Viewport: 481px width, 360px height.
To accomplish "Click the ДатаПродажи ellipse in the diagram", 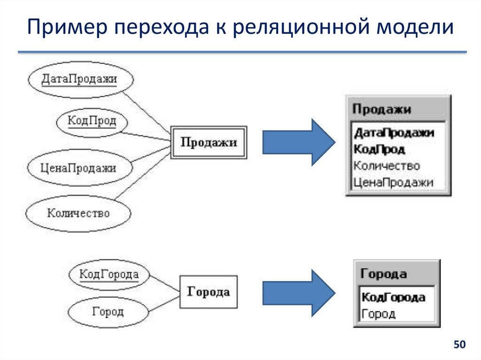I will click(79, 79).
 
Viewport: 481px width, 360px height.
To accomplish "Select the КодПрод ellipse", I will click(92, 121).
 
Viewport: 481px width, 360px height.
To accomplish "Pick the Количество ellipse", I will click(78, 213).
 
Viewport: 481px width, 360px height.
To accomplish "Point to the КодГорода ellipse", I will click(109, 274).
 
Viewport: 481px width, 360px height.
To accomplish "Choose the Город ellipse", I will click(108, 312).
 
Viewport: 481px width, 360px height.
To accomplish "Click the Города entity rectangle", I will click(209, 292).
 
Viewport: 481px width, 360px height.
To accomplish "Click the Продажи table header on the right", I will click(381, 109).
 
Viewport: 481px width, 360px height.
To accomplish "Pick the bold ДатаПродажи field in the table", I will click(394, 133).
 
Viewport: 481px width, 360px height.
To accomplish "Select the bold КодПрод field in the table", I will click(379, 149).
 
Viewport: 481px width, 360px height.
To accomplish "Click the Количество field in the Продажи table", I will click(387, 166).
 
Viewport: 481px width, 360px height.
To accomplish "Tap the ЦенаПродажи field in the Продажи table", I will click(393, 182).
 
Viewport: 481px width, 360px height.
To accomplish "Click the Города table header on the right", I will click(384, 274).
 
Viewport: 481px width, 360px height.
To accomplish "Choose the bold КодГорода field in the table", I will click(394, 297).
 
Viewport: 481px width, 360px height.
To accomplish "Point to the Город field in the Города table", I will click(379, 314).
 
